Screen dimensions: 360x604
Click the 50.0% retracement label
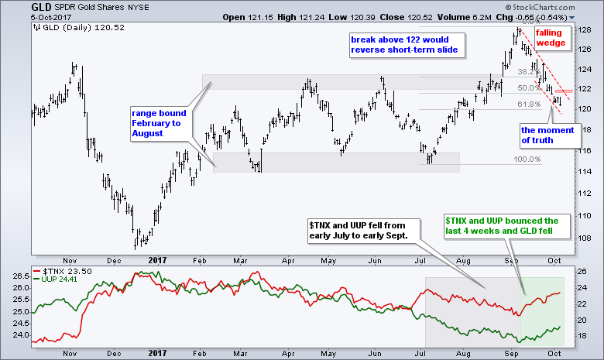527,87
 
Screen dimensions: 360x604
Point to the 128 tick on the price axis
585,29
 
